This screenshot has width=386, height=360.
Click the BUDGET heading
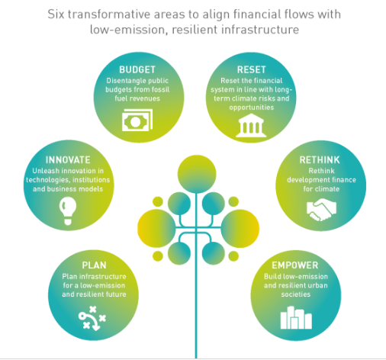tap(137, 69)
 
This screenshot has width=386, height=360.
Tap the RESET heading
tap(251, 69)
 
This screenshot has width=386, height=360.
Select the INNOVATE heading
tap(68, 160)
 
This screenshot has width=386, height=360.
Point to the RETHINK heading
tap(320, 160)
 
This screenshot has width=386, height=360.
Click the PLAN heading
tap(94, 265)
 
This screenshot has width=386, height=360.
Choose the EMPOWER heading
tap(295, 265)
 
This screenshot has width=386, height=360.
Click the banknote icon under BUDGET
tap(137, 121)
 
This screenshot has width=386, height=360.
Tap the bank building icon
tap(251, 125)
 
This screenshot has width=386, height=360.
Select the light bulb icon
tap(68, 211)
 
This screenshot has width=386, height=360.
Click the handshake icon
tap(321, 210)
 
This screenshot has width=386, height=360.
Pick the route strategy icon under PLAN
tap(92, 318)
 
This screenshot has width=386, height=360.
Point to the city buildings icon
tap(296, 317)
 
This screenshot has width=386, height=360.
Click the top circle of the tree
tap(197, 174)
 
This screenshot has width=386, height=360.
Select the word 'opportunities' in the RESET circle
tap(252, 108)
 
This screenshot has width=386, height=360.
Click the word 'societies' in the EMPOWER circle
tap(296, 294)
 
